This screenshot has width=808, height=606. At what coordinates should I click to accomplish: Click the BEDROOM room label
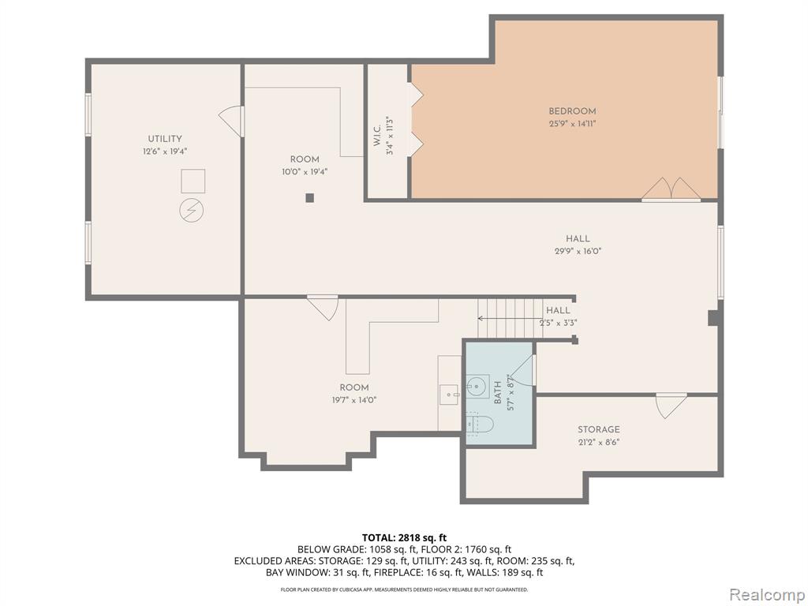pyautogui.click(x=572, y=110)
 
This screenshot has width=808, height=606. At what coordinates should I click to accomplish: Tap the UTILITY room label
pyautogui.click(x=165, y=139)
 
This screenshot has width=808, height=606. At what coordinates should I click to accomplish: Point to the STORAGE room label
pyautogui.click(x=598, y=429)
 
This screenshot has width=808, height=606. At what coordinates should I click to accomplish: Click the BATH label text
pyautogui.click(x=498, y=393)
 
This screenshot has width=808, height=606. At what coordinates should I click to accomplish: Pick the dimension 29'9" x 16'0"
pyautogui.click(x=578, y=252)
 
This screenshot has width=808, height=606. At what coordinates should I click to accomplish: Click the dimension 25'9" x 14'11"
pyautogui.click(x=572, y=124)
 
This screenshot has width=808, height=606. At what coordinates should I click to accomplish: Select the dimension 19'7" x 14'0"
pyautogui.click(x=354, y=400)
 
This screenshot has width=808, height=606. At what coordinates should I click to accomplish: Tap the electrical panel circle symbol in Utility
pyautogui.click(x=191, y=210)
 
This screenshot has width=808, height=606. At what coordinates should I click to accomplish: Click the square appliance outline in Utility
pyautogui.click(x=193, y=181)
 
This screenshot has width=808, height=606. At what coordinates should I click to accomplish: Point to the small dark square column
pyautogui.click(x=309, y=197)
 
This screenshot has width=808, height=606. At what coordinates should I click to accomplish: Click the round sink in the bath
pyautogui.click(x=477, y=387)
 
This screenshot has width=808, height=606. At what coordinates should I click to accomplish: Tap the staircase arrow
pyautogui.click(x=511, y=319)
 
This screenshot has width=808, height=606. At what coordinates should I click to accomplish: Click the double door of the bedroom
pyautogui.click(x=671, y=189)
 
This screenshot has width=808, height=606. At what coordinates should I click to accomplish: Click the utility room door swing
pyautogui.click(x=231, y=122)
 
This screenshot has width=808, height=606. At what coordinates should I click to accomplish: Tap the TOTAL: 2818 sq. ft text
pyautogui.click(x=404, y=538)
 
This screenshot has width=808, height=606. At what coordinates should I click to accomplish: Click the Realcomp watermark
pyautogui.click(x=766, y=595)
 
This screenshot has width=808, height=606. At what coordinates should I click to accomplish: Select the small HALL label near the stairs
pyautogui.click(x=558, y=310)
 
